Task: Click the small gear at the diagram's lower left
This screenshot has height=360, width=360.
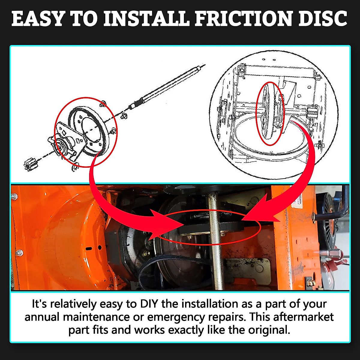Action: [x=28, y=165]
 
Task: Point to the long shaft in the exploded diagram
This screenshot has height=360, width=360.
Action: [x=168, y=85]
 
